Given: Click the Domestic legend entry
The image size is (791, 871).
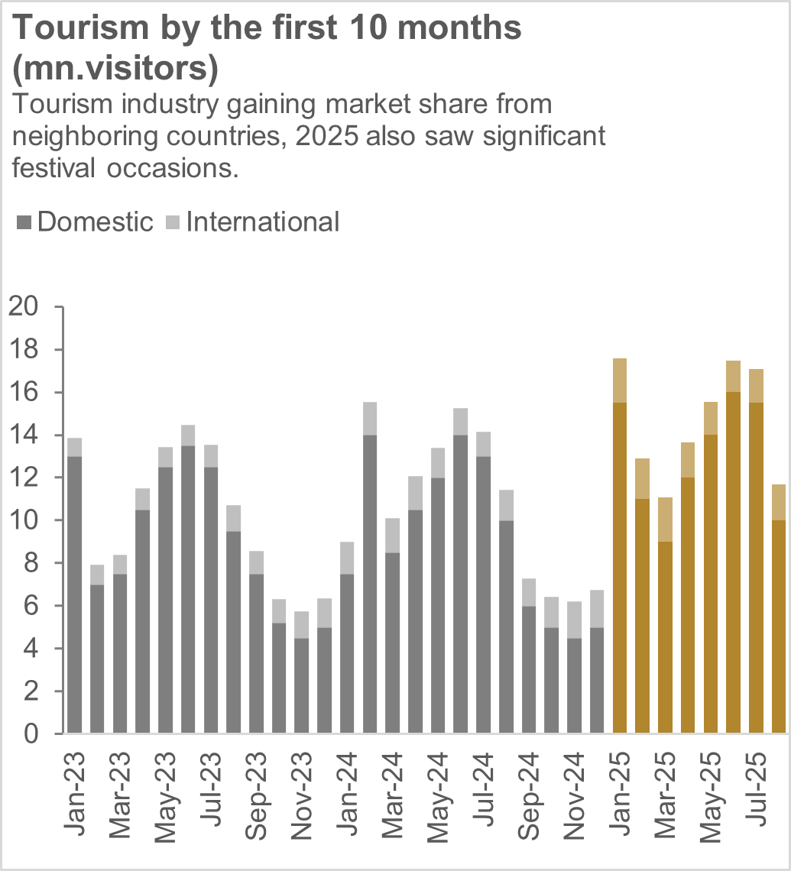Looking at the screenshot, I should (x=84, y=222).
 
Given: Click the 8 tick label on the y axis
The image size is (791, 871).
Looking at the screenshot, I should (x=38, y=563).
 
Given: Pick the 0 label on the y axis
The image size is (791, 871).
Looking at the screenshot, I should (x=38, y=734).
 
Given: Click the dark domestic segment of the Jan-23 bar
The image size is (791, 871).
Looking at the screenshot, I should (x=75, y=596).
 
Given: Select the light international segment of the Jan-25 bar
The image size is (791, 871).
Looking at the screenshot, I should (x=620, y=380).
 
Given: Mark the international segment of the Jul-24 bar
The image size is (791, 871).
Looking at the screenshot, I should (x=484, y=444).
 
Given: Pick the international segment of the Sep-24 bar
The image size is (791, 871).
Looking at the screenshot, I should (x=529, y=592).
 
